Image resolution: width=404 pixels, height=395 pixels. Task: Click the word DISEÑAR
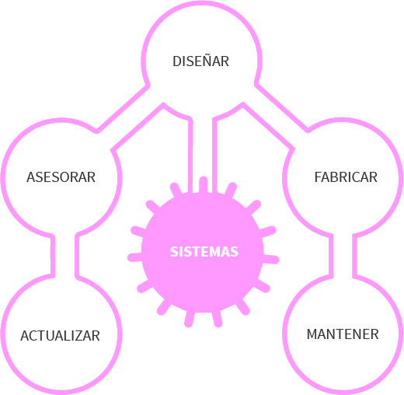(200, 61)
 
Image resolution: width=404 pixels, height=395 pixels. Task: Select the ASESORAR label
(61, 177)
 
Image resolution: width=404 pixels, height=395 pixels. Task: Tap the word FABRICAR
(346, 177)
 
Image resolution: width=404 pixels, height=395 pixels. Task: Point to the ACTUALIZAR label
(60, 336)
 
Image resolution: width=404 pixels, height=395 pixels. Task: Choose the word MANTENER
(343, 334)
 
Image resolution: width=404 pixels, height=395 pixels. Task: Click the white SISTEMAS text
(204, 252)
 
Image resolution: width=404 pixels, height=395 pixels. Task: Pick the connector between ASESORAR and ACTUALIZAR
(64, 255)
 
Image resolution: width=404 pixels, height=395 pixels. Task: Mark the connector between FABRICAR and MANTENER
(343, 255)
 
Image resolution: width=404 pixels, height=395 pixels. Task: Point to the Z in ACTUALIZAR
(80, 336)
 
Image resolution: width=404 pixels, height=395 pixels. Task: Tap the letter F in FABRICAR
(318, 177)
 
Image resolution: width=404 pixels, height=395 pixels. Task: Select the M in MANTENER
(312, 334)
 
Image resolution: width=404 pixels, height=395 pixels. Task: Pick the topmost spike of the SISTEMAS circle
(203, 184)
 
